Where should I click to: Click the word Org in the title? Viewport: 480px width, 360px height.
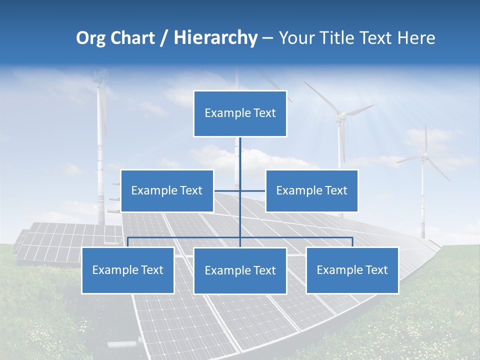[x=90, y=38]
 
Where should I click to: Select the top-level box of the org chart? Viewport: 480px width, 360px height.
[x=240, y=113]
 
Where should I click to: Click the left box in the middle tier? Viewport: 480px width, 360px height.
[x=167, y=190]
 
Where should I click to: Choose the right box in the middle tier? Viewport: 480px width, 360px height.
[x=311, y=190]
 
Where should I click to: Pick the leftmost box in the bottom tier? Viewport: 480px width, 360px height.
[x=127, y=270]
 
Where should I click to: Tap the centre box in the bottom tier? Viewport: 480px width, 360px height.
[x=240, y=270]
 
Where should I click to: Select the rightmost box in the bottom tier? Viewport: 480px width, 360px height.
[x=352, y=270]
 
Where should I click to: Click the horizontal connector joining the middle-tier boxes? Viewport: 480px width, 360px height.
[x=252, y=190]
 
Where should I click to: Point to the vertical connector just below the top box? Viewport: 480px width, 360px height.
[x=240, y=150]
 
